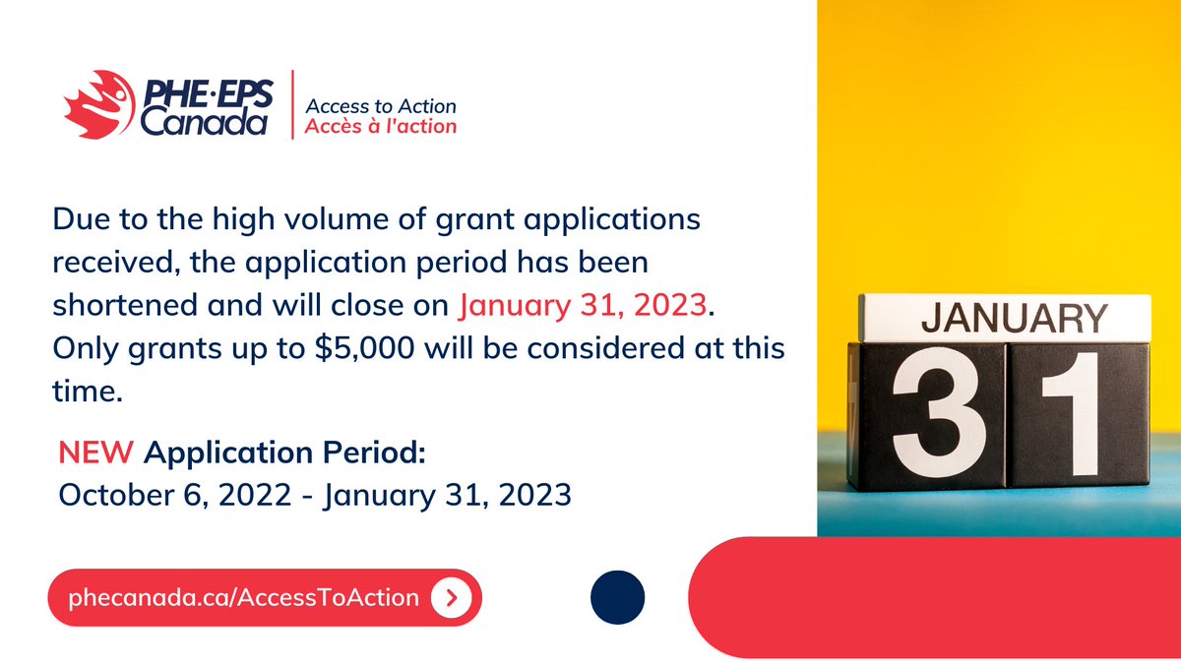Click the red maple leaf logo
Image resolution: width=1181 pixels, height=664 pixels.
pyautogui.click(x=96, y=104)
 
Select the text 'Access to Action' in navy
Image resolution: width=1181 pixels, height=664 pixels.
pyautogui.click(x=381, y=105)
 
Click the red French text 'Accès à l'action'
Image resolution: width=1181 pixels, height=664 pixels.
pyautogui.click(x=381, y=126)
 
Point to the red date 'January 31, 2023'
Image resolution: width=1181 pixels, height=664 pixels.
pyautogui.click(x=583, y=305)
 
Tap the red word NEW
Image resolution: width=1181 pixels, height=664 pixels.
pyautogui.click(x=95, y=453)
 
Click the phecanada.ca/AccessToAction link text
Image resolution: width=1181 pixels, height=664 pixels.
pyautogui.click(x=244, y=597)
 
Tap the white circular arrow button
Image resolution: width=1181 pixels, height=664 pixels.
pyautogui.click(x=451, y=597)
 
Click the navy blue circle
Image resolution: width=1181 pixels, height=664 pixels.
pyautogui.click(x=618, y=597)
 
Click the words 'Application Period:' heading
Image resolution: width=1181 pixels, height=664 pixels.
pyautogui.click(x=284, y=453)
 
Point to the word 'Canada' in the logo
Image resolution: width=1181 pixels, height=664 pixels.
pyautogui.click(x=203, y=122)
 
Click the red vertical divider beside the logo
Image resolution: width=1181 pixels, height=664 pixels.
pyautogui.click(x=292, y=104)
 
